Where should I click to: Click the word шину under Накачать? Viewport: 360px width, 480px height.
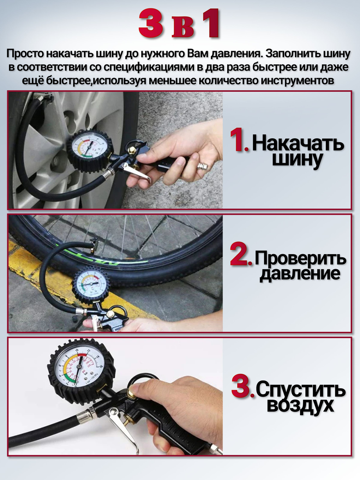(297, 160)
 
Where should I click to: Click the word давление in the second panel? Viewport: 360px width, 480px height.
(300, 274)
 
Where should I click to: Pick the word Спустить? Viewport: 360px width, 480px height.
(301, 390)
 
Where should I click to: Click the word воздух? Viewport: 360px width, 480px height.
(301, 405)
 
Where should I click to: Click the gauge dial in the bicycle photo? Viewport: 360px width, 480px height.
(91, 283)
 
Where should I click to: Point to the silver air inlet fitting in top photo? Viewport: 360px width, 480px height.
(202, 166)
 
